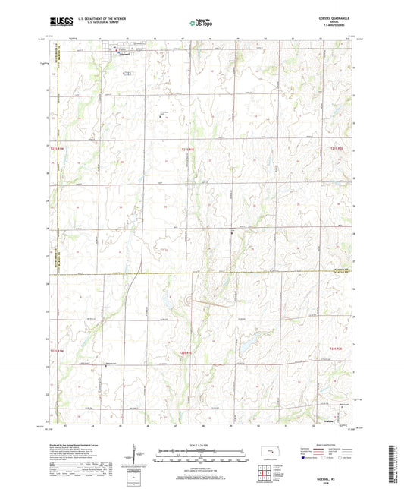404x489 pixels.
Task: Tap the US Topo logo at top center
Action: pos(200,24)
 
